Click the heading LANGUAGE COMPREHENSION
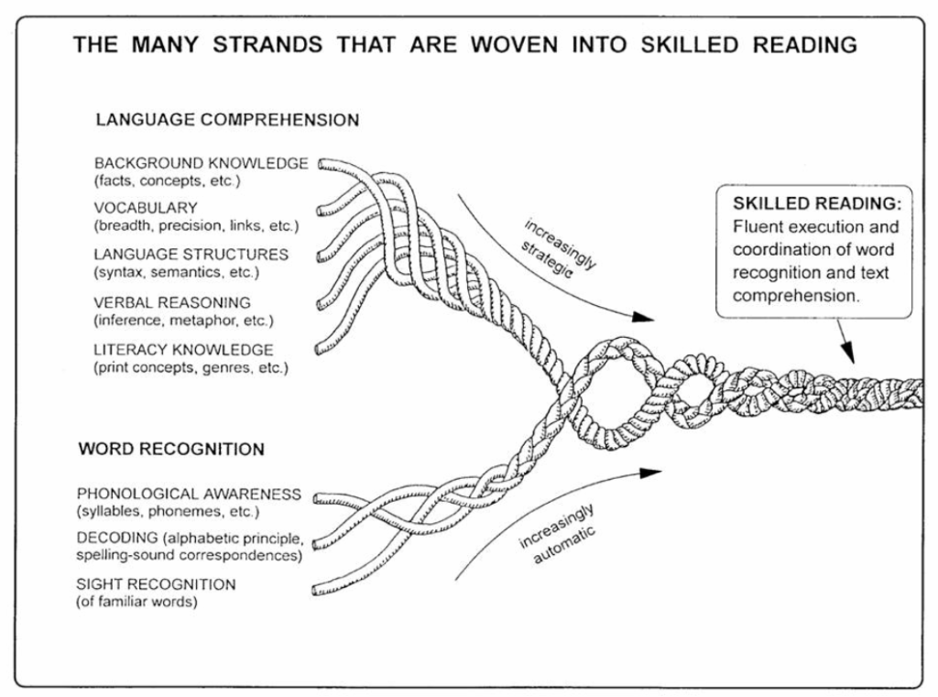(x=227, y=120)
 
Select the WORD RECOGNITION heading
(x=171, y=449)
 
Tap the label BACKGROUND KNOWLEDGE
(x=201, y=163)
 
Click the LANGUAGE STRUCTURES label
(x=191, y=255)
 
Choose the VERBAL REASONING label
(x=172, y=302)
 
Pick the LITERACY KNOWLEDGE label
(x=183, y=350)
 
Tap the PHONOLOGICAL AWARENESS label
(x=202, y=494)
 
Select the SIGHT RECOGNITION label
(x=169, y=583)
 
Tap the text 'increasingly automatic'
(x=557, y=532)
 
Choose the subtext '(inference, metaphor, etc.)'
(x=184, y=321)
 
